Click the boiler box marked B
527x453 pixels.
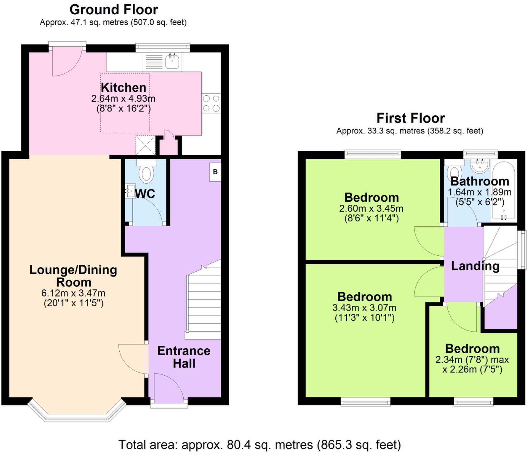(215, 172)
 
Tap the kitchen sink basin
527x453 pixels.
(172, 61)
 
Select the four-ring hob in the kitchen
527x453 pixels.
(211, 103)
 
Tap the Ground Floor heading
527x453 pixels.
(114, 10)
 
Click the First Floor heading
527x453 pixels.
(411, 118)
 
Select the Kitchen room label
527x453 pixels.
(123, 88)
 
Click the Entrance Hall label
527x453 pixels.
(184, 357)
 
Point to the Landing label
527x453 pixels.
(475, 266)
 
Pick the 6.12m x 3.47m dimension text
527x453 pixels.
(73, 293)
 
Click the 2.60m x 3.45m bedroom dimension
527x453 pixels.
(371, 208)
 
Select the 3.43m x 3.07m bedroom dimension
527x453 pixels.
(364, 308)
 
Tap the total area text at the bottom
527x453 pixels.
(260, 445)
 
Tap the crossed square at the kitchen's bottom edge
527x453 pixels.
(145, 145)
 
